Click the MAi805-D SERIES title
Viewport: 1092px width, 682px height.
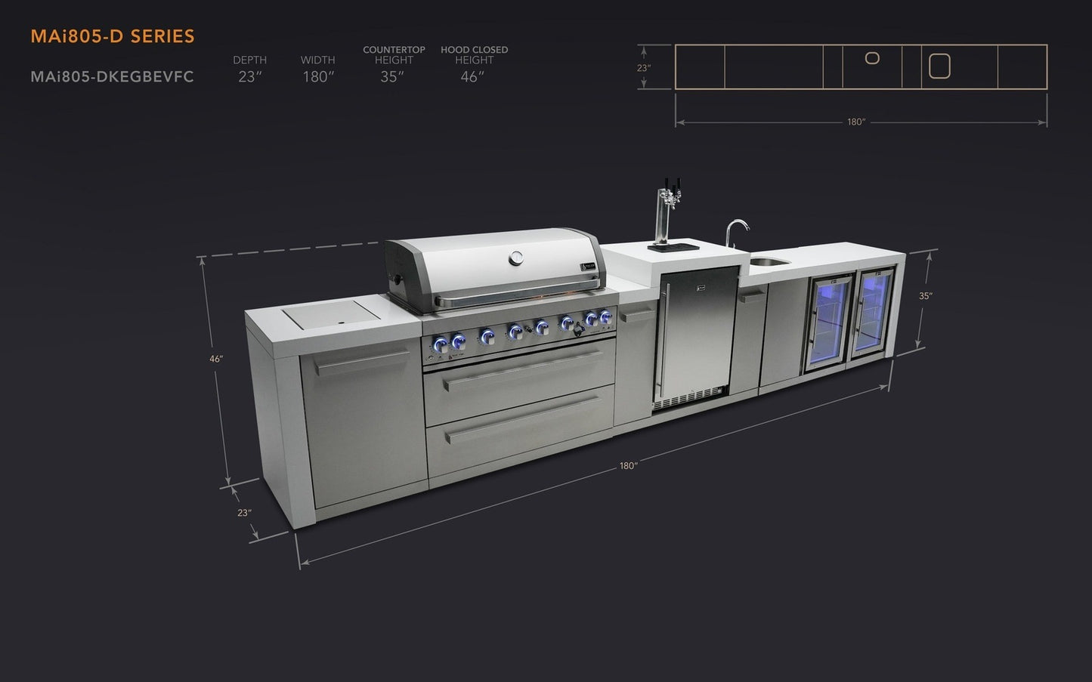113,36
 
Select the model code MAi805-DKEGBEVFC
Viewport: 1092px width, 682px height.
112,77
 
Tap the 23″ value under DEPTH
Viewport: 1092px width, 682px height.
249,77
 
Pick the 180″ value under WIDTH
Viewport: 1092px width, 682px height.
317,77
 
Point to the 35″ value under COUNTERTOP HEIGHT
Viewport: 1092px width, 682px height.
392,77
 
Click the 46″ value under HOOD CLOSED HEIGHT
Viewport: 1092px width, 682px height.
472,77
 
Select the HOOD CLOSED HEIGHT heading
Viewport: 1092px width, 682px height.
474,54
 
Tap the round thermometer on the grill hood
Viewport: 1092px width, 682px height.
516,258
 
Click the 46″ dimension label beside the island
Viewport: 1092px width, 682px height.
216,359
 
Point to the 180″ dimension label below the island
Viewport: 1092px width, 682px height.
628,466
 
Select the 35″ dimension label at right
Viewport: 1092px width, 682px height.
925,296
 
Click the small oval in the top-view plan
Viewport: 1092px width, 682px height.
872,58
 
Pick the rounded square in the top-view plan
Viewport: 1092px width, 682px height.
939,66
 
